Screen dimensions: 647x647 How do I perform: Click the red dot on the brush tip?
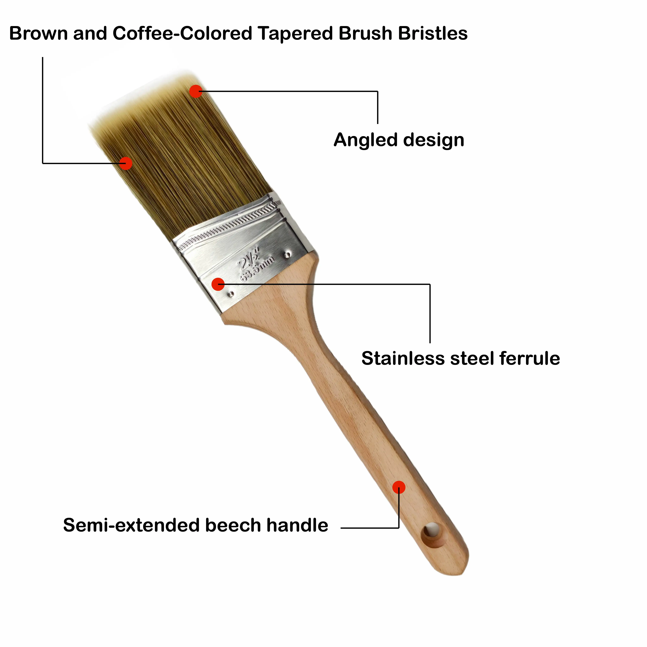(196, 91)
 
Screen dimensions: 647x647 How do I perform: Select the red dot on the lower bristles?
(126, 163)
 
